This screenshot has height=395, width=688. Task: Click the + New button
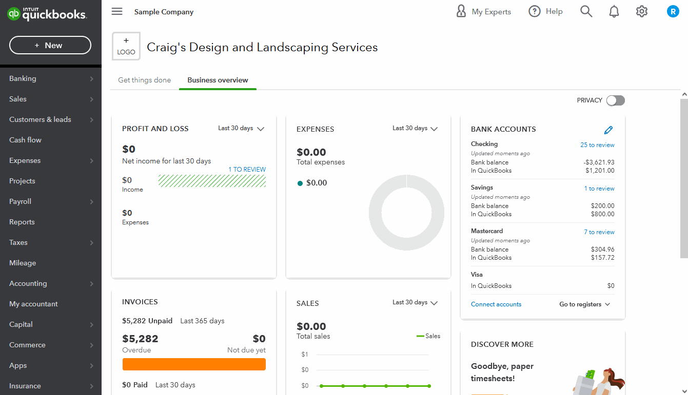50,46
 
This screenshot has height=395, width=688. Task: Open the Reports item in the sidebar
22,222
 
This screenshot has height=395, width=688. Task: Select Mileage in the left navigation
23,263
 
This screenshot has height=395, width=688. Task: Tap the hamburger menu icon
117,12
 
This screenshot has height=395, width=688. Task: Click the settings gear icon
642,11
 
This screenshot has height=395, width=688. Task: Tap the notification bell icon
614,12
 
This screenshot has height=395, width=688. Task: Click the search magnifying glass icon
586,11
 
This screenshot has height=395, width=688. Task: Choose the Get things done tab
144,80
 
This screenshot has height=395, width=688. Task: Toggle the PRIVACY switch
615,100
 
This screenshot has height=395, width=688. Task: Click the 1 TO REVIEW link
247,170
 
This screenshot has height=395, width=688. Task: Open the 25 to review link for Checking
597,145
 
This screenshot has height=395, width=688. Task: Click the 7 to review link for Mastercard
599,232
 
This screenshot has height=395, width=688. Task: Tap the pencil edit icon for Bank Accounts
608,130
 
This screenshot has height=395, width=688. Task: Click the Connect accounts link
496,304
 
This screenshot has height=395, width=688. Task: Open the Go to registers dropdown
585,304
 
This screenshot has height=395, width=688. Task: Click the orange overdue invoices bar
194,364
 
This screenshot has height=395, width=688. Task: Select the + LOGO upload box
126,46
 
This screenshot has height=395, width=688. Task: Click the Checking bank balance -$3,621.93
599,162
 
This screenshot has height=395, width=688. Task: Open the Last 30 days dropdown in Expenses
415,129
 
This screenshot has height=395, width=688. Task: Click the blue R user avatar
673,11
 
